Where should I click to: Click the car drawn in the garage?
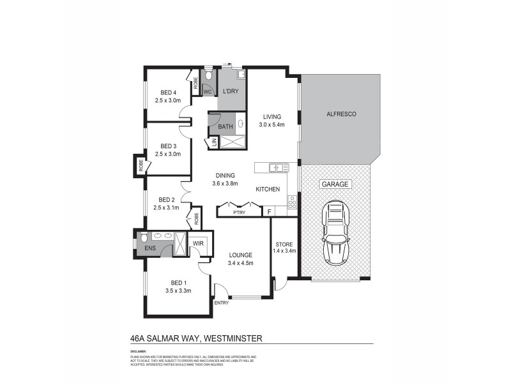coord(337,233)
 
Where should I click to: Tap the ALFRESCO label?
coord(341,113)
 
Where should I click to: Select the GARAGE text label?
coord(335,184)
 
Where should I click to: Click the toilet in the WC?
coord(208,81)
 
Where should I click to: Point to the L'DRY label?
coord(230,92)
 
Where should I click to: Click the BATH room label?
coord(225,127)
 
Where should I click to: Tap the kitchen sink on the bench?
coord(277,168)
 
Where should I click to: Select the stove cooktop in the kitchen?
coord(293,202)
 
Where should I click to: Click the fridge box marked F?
coord(269,211)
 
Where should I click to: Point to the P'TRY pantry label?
coord(240,211)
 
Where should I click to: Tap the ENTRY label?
coord(221,303)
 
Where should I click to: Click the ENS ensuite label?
coord(150,248)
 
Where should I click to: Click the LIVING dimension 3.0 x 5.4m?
coord(272,125)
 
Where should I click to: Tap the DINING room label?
coord(225,176)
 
